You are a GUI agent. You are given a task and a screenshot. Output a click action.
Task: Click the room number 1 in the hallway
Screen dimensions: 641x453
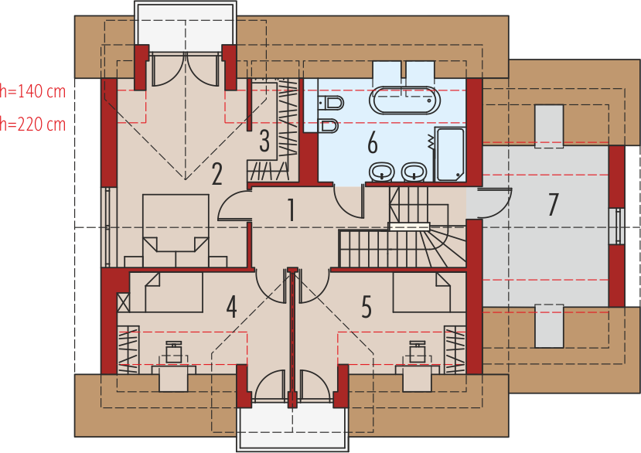291,209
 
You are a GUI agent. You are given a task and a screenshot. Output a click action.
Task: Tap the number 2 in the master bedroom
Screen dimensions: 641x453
217,174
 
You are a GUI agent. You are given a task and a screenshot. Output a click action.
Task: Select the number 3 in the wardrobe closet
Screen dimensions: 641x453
264,141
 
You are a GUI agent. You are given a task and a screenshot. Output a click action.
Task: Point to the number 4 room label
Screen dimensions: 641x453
231,307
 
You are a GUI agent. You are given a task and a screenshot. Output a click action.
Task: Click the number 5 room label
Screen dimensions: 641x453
367,307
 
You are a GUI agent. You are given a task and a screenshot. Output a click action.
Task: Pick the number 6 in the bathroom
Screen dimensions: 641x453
373,144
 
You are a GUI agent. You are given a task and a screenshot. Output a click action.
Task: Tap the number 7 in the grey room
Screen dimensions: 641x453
553,205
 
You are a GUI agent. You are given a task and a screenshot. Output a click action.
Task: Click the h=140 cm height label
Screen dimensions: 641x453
32,91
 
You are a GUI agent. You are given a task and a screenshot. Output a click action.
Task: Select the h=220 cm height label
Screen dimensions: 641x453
32,124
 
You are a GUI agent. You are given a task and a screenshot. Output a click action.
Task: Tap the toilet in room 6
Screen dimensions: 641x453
331,102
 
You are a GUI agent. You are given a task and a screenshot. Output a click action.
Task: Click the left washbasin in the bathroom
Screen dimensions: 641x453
382,172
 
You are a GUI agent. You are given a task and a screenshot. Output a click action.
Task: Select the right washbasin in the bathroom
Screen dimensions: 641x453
414,172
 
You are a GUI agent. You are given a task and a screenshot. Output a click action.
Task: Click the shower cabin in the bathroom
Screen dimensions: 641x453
450,154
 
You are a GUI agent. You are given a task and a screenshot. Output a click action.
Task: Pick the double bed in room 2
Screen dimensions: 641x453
176,230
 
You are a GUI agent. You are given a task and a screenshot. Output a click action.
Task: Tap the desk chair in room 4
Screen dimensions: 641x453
174,352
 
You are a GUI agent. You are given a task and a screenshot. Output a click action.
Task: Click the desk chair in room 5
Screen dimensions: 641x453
418,352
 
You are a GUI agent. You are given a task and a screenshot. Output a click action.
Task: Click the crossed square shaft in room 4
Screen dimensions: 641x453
124,302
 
